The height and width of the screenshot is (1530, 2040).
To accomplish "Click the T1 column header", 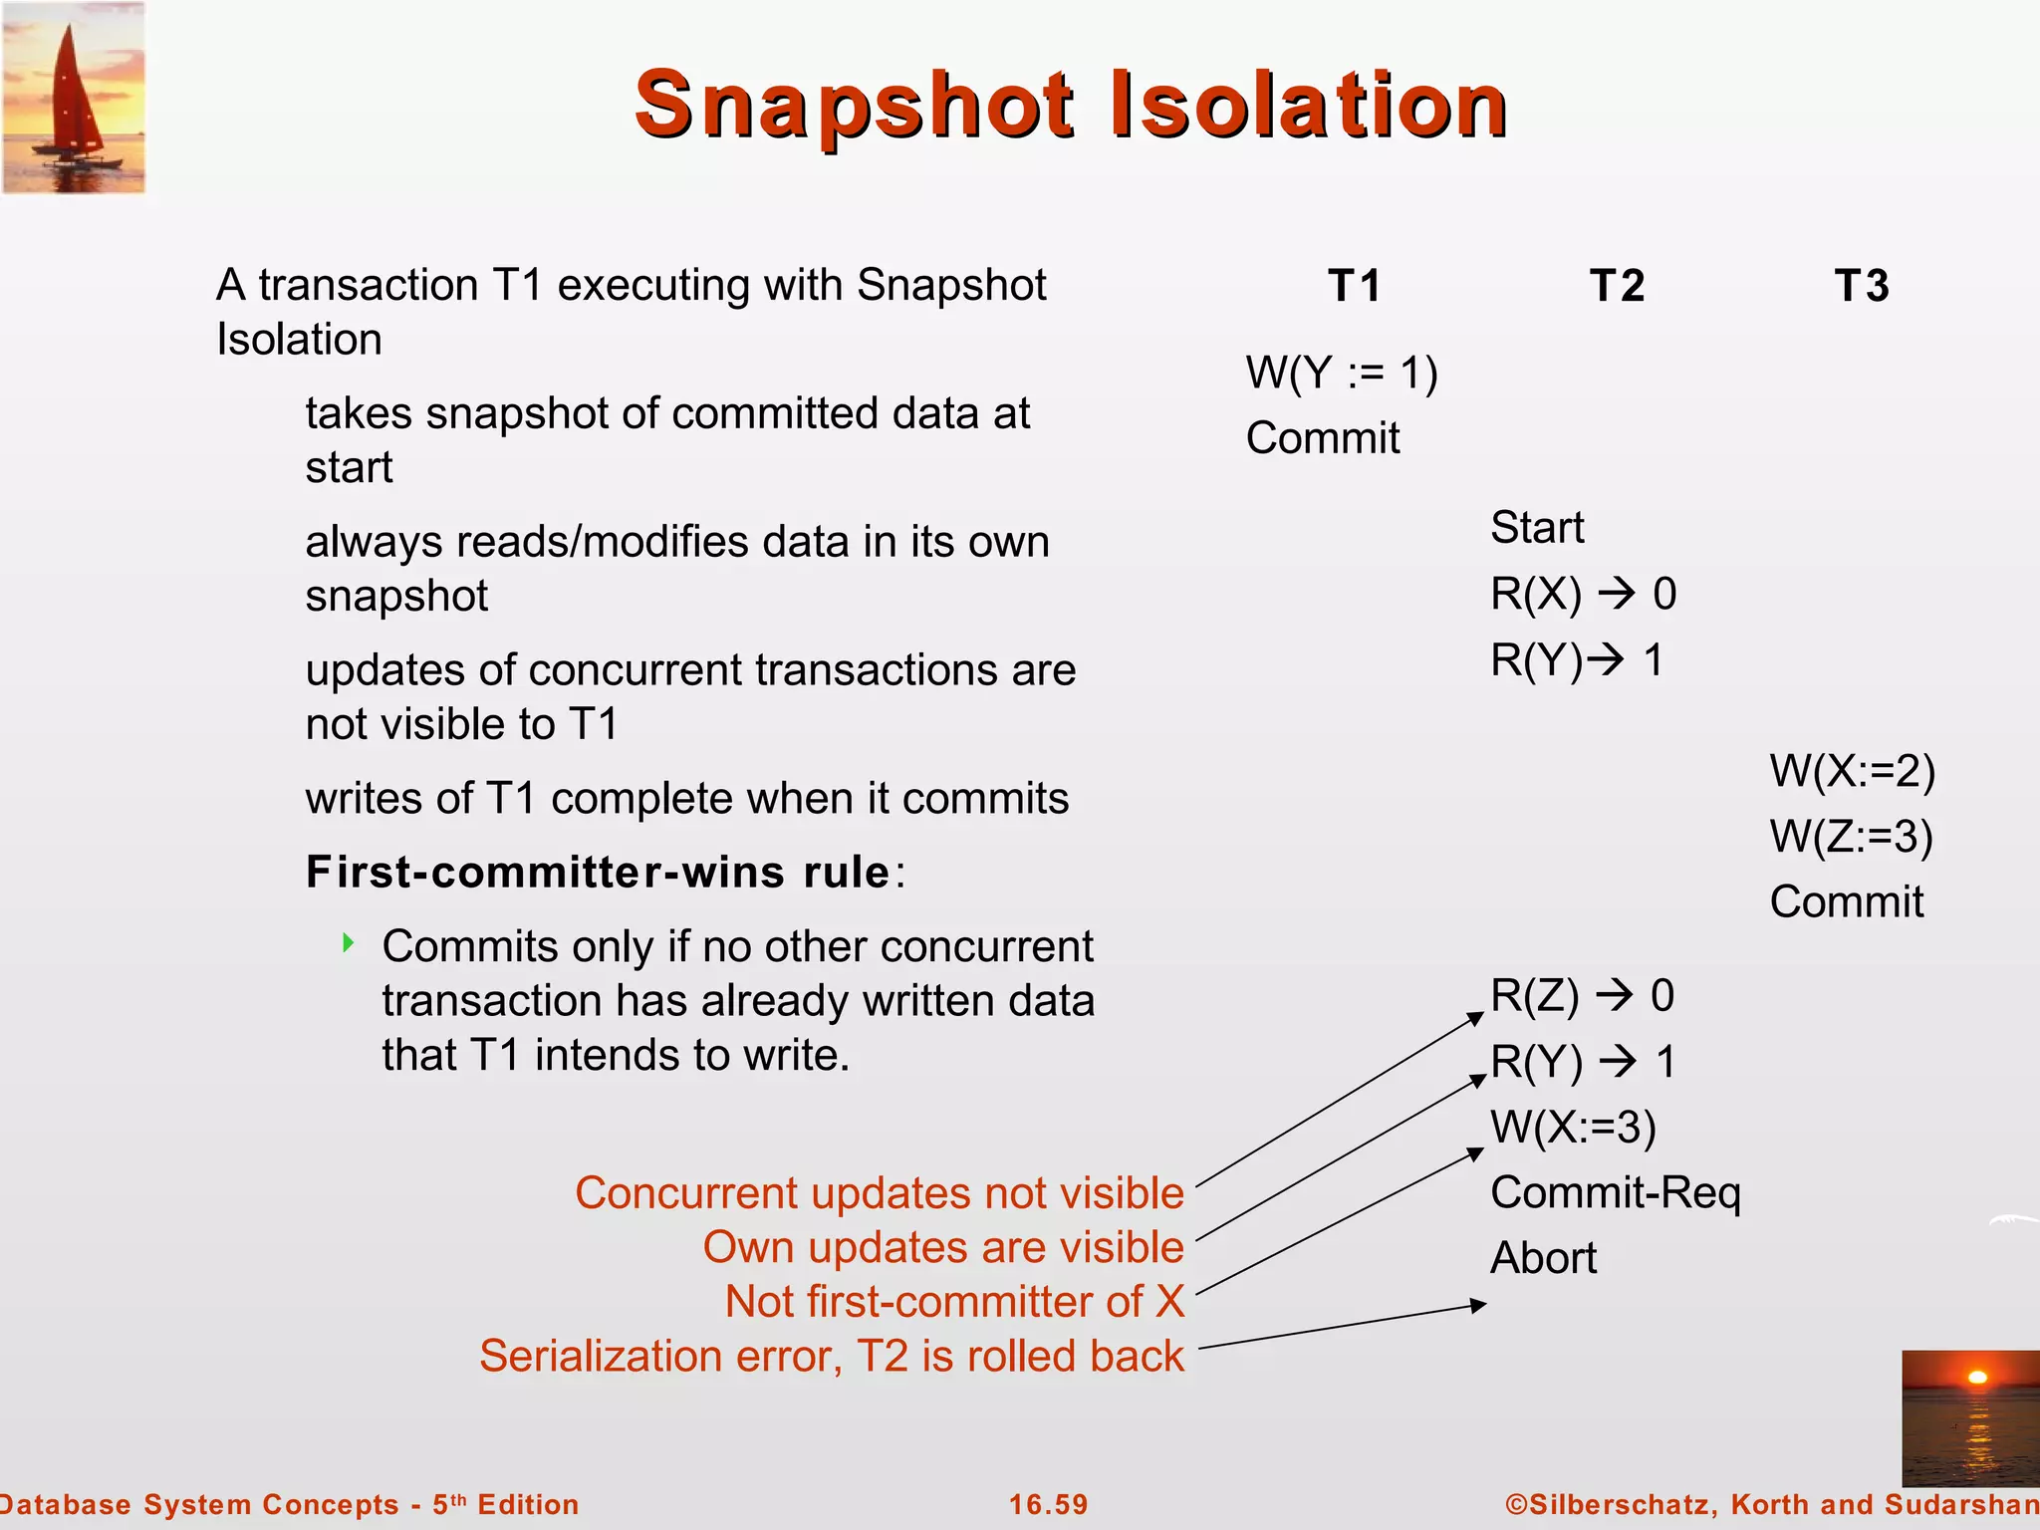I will (x=1355, y=286).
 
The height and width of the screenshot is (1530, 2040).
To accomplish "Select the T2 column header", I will (x=1616, y=286).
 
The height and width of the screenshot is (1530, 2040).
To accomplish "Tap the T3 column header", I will (x=1861, y=286).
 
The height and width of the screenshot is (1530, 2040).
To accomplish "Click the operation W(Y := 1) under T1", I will (x=1341, y=374).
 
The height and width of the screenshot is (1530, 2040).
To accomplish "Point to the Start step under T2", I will (x=1536, y=528).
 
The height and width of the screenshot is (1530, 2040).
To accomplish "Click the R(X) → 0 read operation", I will (x=1582, y=595).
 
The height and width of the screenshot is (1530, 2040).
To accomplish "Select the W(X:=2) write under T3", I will (x=1851, y=771).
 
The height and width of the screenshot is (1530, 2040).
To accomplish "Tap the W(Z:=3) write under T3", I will (x=1851, y=837).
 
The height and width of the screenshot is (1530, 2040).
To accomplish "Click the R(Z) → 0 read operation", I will (x=1582, y=996).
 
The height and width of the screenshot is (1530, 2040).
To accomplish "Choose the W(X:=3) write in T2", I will (x=1572, y=1127).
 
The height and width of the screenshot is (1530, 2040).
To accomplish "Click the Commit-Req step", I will (x=1614, y=1192).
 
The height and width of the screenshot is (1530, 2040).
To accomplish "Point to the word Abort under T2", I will (x=1542, y=1258).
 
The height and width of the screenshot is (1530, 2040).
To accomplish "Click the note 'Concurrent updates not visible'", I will (x=879, y=1193).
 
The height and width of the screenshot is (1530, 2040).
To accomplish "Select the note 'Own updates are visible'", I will (x=942, y=1247).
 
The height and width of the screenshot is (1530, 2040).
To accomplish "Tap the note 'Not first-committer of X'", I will (x=954, y=1302).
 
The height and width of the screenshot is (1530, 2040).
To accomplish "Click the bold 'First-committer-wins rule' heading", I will (x=598, y=873).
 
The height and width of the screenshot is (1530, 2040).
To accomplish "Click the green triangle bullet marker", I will (x=348, y=942).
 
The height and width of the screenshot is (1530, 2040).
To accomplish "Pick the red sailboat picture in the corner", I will (x=74, y=98).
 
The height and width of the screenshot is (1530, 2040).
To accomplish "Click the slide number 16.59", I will (x=1048, y=1504).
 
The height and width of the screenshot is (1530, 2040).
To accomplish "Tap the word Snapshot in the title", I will (x=855, y=106).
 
